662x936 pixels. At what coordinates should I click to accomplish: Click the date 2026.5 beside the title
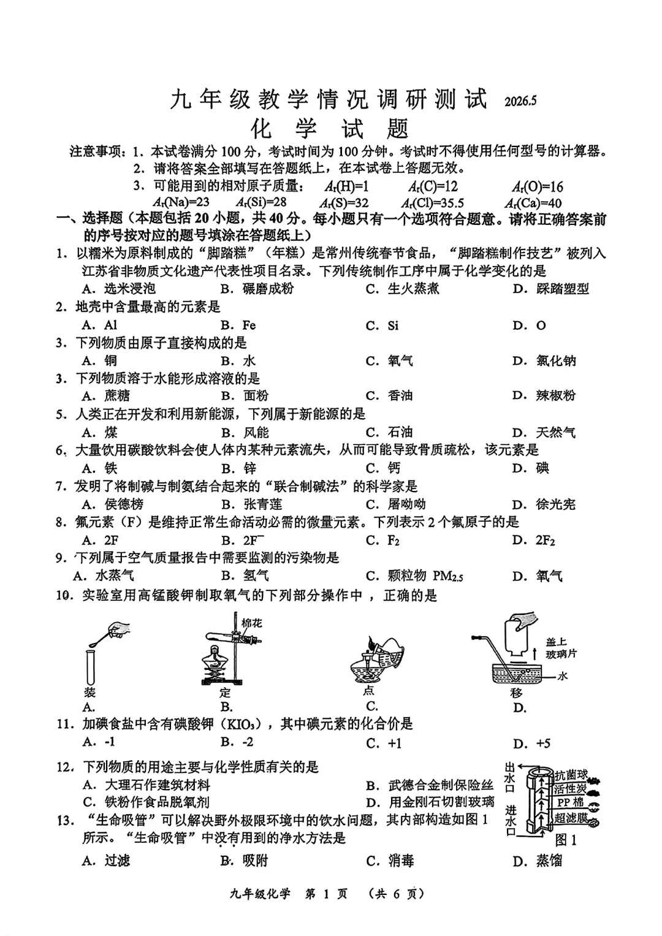tap(520, 101)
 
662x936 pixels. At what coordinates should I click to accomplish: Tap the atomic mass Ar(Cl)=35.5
tap(433, 203)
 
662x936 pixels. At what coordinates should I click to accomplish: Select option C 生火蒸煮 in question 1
tap(403, 289)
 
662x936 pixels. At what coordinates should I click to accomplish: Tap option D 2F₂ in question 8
tap(534, 540)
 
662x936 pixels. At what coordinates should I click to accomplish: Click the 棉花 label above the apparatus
tap(251, 623)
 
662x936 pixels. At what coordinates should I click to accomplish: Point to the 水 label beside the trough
tap(563, 675)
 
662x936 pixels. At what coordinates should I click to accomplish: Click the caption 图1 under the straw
tap(566, 840)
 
